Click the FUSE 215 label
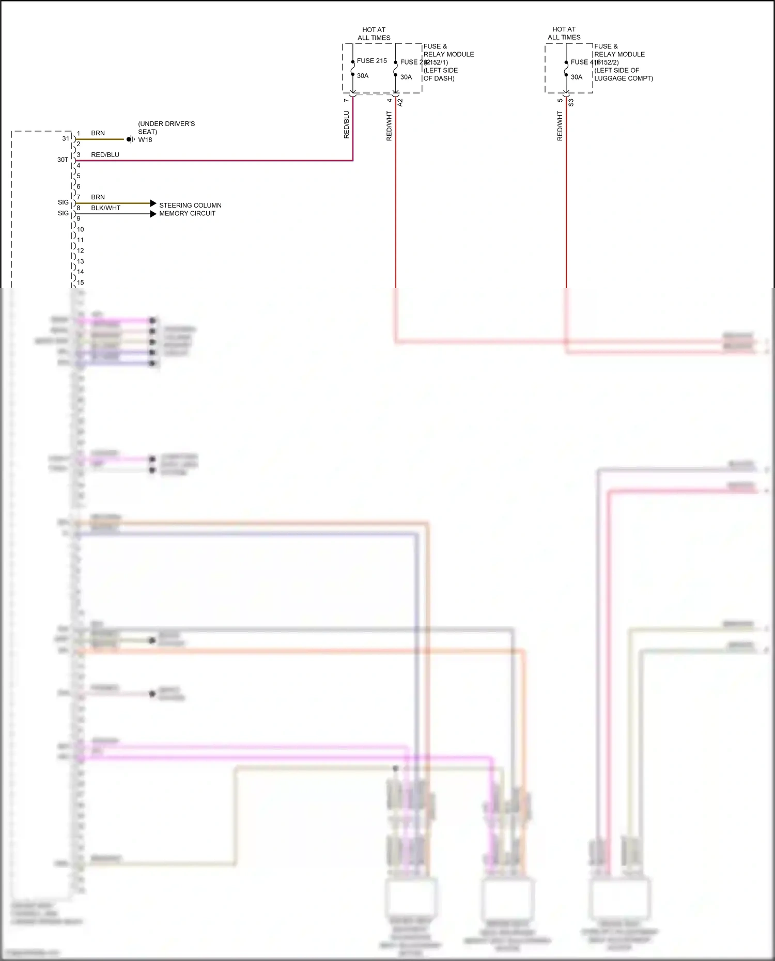[371, 61]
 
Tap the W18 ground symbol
[131, 139]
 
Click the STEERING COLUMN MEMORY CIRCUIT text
[190, 209]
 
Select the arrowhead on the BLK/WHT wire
[153, 214]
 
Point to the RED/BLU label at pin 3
[105, 155]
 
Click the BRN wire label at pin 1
[98, 133]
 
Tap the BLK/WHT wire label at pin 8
[105, 208]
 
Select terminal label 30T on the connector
[63, 160]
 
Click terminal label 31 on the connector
[66, 138]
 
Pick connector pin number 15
[81, 283]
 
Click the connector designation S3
[571, 103]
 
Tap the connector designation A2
[400, 103]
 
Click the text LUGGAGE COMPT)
[624, 78]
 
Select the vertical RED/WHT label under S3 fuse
[560, 126]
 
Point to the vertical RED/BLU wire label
[347, 124]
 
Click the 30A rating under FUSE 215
[363, 76]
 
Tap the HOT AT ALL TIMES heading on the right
[564, 34]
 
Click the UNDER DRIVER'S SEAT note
[166, 128]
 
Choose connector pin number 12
[81, 251]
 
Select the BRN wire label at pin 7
[98, 197]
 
